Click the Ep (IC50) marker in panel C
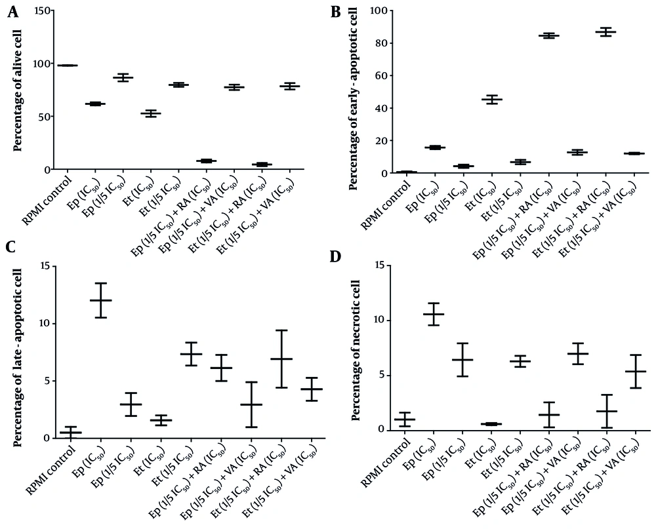(x=100, y=300)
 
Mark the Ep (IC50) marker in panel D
(x=433, y=314)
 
